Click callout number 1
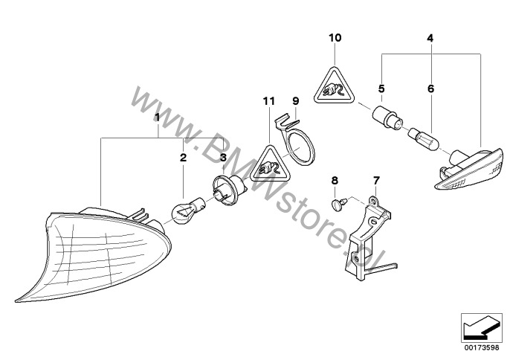tap(157, 117)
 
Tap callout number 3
tap(222, 158)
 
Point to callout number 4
tap(430, 36)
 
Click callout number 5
tap(381, 89)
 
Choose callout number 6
tap(429, 89)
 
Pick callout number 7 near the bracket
tap(375, 181)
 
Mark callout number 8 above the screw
tap(334, 181)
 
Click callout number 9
tap(294, 100)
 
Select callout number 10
tap(334, 36)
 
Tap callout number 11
tap(268, 100)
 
